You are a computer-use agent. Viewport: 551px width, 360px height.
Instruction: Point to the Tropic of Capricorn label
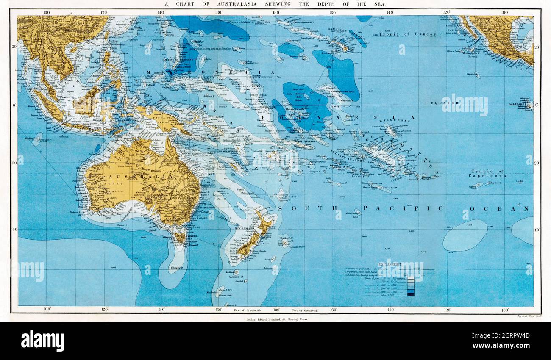pos(487,173)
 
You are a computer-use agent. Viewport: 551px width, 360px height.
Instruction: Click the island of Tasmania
pos(180,238)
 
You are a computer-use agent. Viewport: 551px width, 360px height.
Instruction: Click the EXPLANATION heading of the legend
pos(390,264)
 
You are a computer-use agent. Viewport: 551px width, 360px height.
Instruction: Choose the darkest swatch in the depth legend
pos(410,294)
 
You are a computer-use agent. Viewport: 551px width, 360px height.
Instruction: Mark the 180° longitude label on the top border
pos(275,13)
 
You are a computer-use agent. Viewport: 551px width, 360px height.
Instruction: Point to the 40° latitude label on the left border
pos(14,230)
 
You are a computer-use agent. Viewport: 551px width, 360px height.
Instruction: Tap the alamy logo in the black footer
pos(42,341)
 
